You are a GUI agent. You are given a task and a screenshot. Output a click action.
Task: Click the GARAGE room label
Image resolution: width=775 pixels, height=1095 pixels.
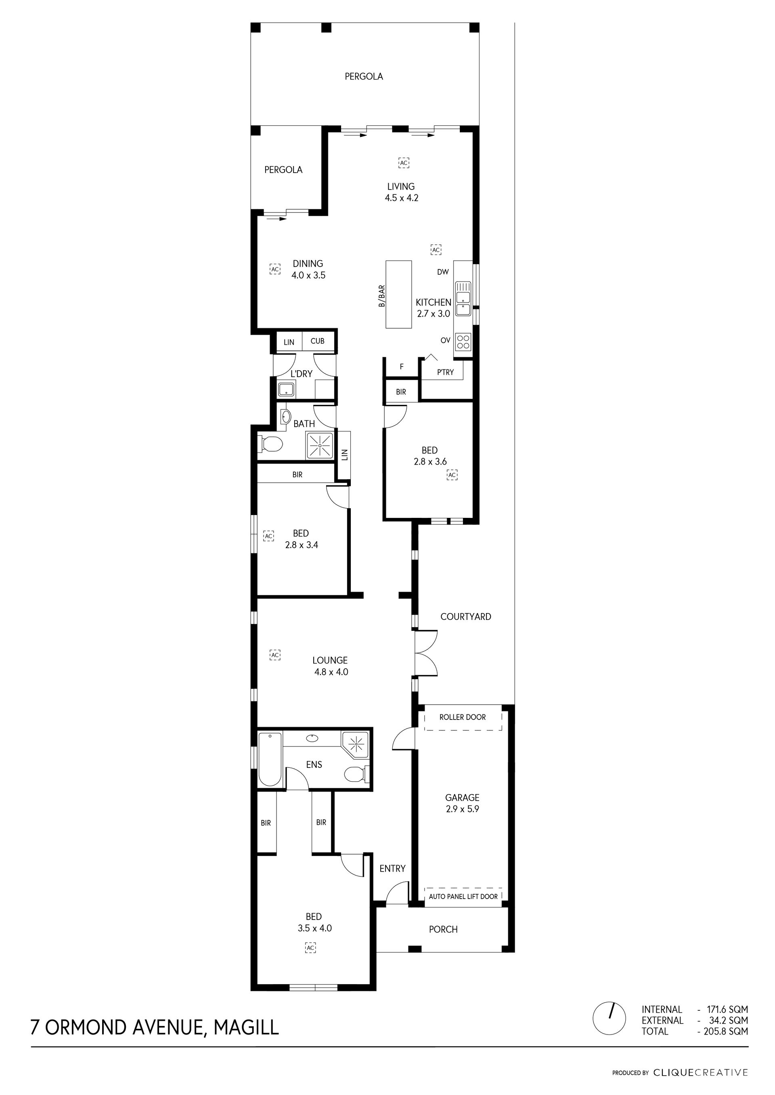pos(462,797)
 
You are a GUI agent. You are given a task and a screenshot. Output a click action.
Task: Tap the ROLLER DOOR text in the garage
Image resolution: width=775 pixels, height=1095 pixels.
pos(463,717)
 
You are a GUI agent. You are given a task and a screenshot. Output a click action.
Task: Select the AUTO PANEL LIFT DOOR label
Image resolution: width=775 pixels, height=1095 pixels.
pos(463,897)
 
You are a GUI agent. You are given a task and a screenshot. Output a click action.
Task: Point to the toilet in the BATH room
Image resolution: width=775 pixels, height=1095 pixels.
pos(270,445)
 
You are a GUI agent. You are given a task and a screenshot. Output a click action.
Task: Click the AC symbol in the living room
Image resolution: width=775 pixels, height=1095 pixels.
pos(404,163)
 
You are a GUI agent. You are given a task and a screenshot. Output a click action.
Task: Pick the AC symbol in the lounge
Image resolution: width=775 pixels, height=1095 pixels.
pos(274,655)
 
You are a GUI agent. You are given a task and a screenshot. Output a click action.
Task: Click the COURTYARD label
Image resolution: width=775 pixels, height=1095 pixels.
pos(465,617)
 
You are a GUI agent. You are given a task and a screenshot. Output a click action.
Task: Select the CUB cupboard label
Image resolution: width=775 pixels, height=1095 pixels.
pos(317,341)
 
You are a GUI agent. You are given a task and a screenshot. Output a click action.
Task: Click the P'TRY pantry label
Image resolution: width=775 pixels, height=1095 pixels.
pos(445,372)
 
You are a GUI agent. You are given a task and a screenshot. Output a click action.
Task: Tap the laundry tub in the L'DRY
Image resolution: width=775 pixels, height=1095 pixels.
pos(286,390)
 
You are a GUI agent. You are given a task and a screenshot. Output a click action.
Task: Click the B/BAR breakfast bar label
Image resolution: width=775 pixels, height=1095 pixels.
pos(382,296)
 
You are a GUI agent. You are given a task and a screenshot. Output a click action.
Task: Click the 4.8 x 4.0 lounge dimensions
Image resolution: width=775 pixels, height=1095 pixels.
pos(331,672)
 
